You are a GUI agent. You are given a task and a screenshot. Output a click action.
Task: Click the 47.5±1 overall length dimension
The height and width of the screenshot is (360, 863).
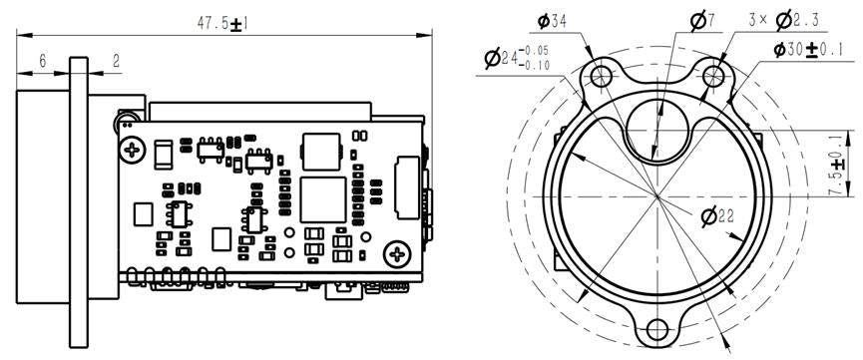[222, 24]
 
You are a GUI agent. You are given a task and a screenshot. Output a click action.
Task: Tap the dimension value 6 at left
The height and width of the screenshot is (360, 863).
[43, 61]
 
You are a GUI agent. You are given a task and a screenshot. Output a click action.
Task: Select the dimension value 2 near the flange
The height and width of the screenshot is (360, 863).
[116, 61]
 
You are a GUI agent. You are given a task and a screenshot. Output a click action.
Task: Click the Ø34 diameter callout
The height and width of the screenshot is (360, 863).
[552, 22]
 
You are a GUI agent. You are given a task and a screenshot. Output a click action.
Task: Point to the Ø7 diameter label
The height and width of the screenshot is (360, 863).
[702, 21]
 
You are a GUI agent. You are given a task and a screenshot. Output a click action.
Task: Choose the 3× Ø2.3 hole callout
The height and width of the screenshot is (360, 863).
[784, 20]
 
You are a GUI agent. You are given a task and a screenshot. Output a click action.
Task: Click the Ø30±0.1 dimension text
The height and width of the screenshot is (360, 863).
[808, 50]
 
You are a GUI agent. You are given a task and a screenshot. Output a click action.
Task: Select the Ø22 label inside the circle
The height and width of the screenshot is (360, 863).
[717, 216]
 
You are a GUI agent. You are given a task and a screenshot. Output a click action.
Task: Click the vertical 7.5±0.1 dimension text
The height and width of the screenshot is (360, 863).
[837, 163]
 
